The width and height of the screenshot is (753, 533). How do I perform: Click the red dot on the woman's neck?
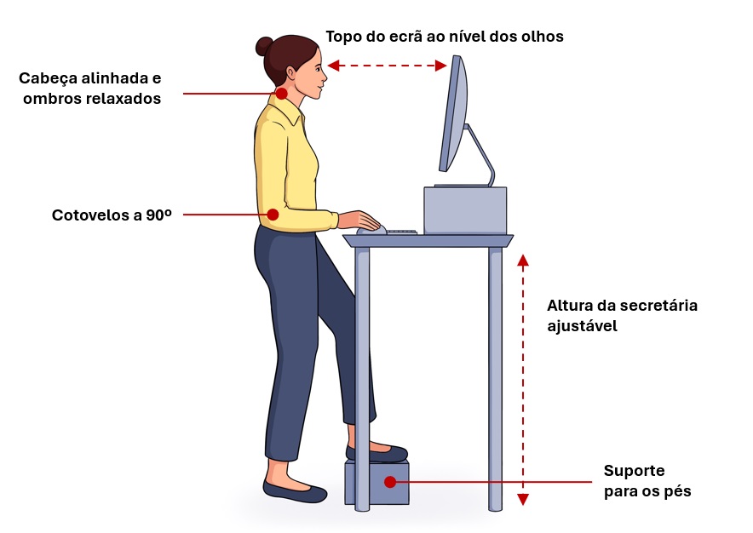[x=281, y=93]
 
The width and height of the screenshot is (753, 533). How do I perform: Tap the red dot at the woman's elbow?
[x=273, y=215]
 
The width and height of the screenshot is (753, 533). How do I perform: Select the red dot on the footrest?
[x=390, y=482]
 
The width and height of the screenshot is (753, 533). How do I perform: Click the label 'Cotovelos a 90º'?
[x=112, y=215]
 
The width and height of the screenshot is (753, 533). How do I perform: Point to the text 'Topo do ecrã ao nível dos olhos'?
[x=445, y=37]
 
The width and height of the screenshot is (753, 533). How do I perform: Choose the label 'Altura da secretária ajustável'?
[x=622, y=316]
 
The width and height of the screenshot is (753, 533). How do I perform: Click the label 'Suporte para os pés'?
[x=647, y=481]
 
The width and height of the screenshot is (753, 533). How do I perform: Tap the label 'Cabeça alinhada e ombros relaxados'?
[x=90, y=89]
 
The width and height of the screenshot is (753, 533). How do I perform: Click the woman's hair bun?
[x=264, y=46]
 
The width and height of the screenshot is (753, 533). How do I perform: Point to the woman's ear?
[x=291, y=73]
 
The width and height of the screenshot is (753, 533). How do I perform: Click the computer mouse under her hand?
[x=371, y=231]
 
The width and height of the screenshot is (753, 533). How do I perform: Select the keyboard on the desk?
[x=402, y=232]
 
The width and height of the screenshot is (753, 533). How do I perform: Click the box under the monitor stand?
[x=465, y=210]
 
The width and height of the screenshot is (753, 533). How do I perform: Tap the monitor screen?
[x=453, y=113]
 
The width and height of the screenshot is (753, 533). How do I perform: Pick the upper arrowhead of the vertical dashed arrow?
[x=523, y=261]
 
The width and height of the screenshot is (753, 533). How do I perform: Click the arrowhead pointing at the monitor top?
[x=441, y=66]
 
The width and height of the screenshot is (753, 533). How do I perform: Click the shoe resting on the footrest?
[x=377, y=453]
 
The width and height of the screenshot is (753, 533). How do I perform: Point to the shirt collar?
[x=288, y=110]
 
